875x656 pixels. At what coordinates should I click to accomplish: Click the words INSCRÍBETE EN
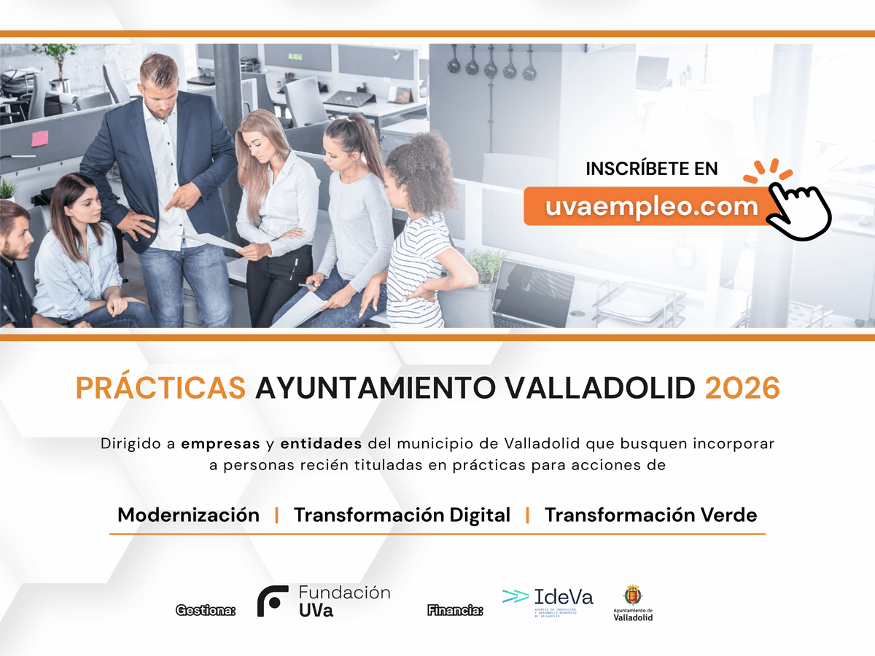pyautogui.click(x=652, y=168)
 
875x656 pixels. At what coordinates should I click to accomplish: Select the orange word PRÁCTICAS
pyautogui.click(x=160, y=388)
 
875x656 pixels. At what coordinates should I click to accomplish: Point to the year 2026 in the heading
pyautogui.click(x=742, y=388)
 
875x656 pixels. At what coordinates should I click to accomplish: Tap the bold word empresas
pyautogui.click(x=220, y=443)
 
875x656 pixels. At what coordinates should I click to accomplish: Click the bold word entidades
pyautogui.click(x=321, y=443)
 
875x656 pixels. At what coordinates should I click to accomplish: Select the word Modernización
pyautogui.click(x=188, y=515)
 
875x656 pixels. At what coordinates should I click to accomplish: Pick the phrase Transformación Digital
pyautogui.click(x=402, y=515)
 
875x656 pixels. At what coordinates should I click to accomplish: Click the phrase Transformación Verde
pyautogui.click(x=650, y=515)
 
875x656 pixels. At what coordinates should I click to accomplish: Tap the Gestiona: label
pyautogui.click(x=206, y=609)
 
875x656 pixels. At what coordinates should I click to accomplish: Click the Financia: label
pyautogui.click(x=455, y=609)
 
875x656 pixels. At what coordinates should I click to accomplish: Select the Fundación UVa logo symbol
pyautogui.click(x=272, y=601)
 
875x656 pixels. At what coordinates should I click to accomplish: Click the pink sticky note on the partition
pyautogui.click(x=39, y=138)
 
